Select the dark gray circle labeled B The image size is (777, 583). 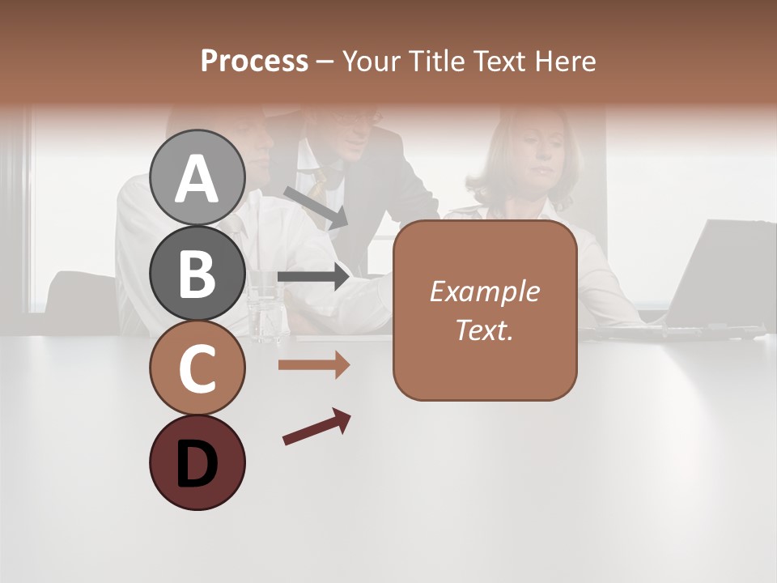197,273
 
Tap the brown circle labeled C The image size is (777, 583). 197,368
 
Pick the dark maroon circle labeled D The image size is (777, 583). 197,462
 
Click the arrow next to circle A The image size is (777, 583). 316,206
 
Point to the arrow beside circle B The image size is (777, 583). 313,277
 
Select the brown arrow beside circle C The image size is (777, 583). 313,365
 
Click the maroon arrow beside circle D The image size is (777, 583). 316,427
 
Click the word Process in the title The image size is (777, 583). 254,61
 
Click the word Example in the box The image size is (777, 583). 484,291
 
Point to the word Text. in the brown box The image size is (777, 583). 484,330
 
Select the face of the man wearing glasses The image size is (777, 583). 353,134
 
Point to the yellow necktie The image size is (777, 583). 319,186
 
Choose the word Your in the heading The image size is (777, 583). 371,61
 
